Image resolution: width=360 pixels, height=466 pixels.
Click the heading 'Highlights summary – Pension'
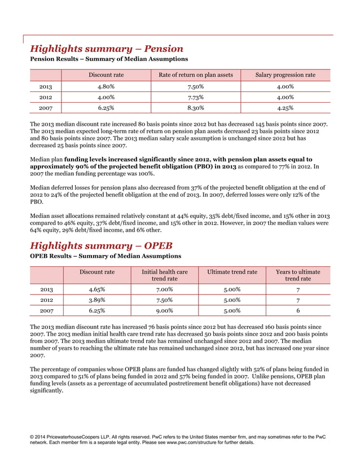pos(106,49)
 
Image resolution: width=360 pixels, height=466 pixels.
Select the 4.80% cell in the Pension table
pos(106,86)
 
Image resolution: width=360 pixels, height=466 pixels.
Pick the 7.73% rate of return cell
pos(195,96)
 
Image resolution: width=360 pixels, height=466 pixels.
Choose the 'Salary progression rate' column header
pos(285,75)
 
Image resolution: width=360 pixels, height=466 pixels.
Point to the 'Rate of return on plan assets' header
pos(195,75)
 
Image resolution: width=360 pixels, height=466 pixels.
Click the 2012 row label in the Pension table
pos(46,96)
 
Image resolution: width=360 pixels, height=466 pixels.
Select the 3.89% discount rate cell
pos(96,300)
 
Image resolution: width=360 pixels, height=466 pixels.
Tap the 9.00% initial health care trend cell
pos(164,310)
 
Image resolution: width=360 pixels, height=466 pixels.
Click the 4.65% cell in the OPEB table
pos(96,289)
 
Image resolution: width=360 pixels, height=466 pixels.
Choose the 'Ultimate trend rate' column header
pos(232,272)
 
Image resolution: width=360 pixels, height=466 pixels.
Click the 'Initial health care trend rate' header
pos(164,275)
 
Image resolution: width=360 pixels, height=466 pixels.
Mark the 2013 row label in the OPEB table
pos(46,289)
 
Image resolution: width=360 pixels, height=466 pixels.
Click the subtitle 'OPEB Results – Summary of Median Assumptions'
pos(106,256)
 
